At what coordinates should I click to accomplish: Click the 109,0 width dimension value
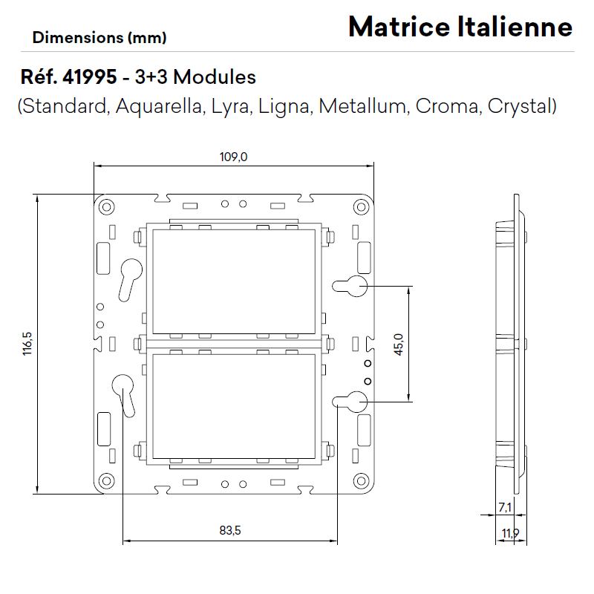pyautogui.click(x=233, y=157)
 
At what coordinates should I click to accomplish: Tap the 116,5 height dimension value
pyautogui.click(x=27, y=344)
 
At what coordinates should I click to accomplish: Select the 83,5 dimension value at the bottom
pyautogui.click(x=230, y=530)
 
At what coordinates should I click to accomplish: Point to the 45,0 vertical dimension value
pyautogui.click(x=399, y=345)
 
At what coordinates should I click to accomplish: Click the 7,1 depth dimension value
pyautogui.click(x=505, y=507)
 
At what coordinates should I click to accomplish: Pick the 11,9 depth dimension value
pyautogui.click(x=510, y=533)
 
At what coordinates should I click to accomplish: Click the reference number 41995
pyautogui.click(x=90, y=77)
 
